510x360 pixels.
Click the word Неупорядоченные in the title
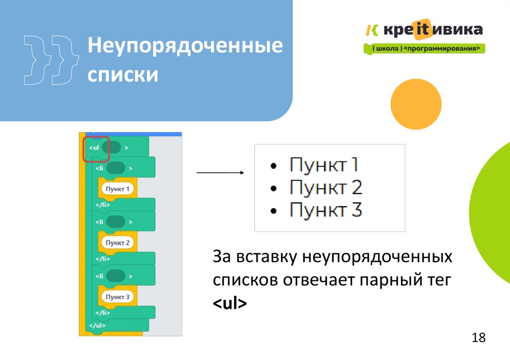point(185,47)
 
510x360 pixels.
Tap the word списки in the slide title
point(123,75)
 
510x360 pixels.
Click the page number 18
point(478,338)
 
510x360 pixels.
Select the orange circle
point(416,103)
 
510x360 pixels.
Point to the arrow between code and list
point(219,173)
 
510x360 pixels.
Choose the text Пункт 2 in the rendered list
point(326,188)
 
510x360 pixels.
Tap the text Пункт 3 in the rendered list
point(326,210)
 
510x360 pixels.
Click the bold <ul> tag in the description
point(230,303)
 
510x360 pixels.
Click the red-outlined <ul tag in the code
point(96,148)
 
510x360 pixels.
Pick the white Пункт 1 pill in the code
point(118,189)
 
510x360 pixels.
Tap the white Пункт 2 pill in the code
point(118,243)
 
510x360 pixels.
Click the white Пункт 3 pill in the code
point(118,297)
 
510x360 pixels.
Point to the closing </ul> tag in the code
point(97,326)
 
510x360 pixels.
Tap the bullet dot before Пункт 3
point(272,211)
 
